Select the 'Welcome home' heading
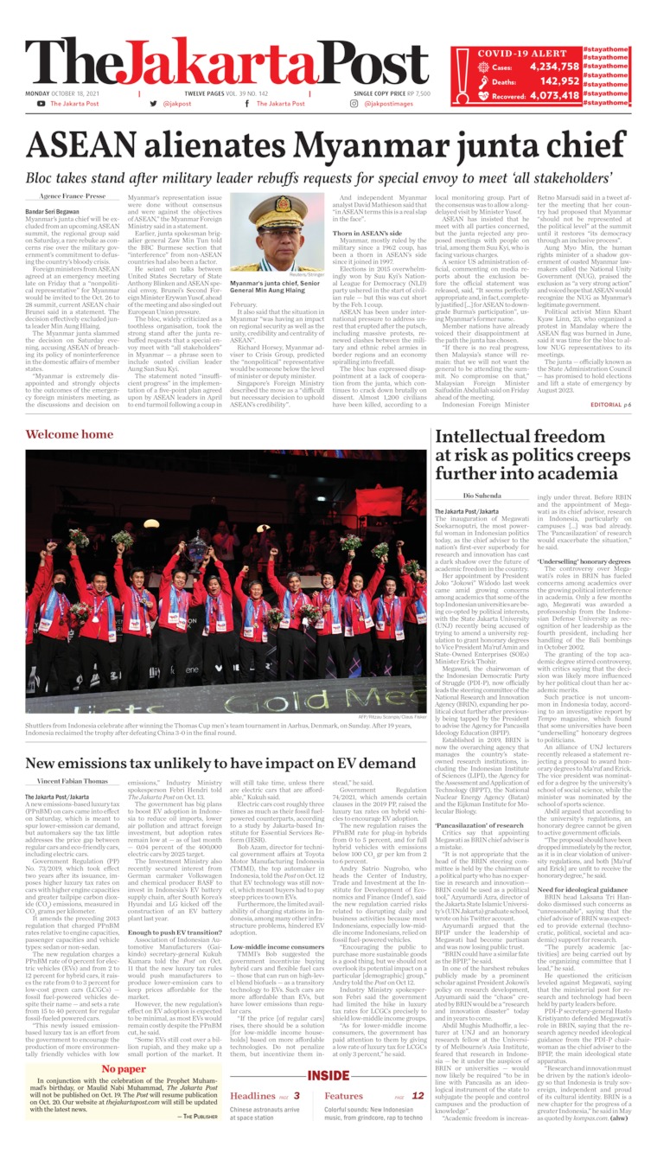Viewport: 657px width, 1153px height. coord(68,434)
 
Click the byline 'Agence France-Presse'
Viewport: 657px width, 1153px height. coord(71,196)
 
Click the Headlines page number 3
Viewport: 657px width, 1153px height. coord(297,1096)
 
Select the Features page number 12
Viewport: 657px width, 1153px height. coord(418,1096)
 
